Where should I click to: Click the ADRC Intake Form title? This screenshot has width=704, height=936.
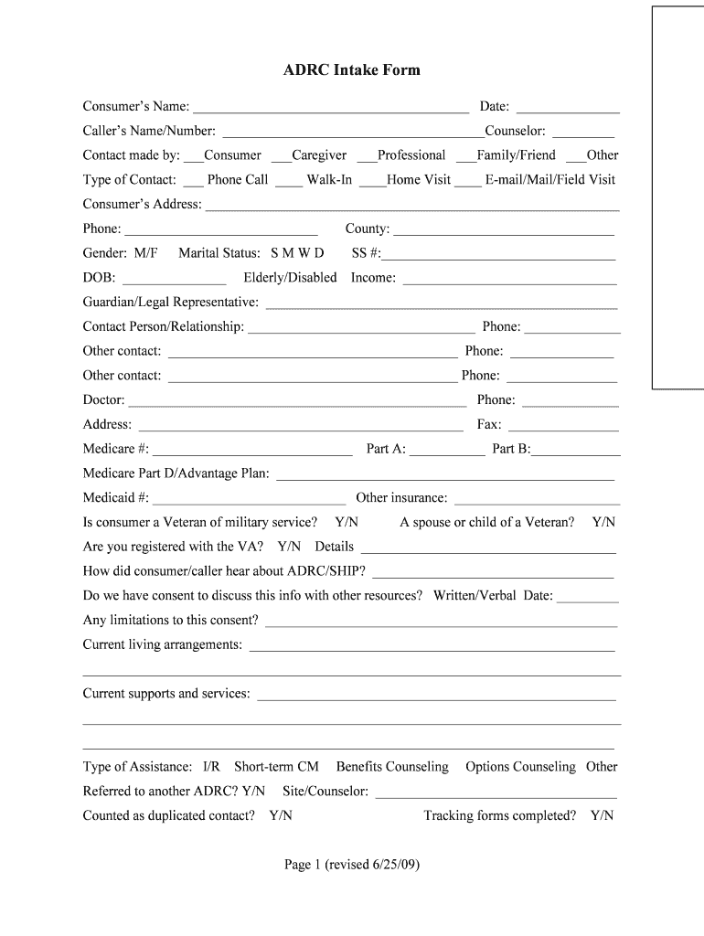coord(352,70)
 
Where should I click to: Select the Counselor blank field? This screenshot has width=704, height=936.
coord(583,133)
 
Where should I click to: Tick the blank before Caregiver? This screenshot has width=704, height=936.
coord(279,157)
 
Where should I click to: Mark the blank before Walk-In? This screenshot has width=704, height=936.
coord(289,182)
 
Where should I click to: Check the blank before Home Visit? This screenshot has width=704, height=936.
coord(372,182)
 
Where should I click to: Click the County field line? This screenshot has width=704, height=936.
coord(503,231)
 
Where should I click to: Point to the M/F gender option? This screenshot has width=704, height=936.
coord(145,253)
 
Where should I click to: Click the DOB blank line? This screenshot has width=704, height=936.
coord(174,280)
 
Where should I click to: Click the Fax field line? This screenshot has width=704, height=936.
coord(561,427)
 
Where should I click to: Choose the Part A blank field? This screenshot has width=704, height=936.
coord(448,451)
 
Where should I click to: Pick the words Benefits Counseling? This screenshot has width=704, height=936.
coord(392,767)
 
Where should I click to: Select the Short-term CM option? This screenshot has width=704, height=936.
coord(276,767)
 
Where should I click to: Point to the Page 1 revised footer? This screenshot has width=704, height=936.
coord(352,865)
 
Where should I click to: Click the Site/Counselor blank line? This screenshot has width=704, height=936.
coord(496,793)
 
